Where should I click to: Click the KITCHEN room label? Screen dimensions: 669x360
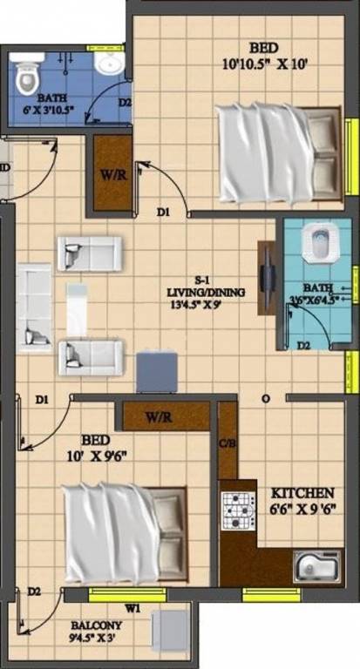(x=298, y=491)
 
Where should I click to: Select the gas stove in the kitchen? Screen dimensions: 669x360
(x=237, y=511)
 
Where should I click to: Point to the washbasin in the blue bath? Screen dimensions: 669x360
(x=110, y=64)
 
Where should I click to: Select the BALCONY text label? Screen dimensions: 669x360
(x=98, y=625)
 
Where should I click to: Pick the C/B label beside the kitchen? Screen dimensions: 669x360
(x=227, y=443)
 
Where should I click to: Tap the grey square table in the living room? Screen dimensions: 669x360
(x=158, y=370)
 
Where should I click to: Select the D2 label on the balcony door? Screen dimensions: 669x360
(x=33, y=591)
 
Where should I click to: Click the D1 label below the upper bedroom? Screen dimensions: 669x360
(x=164, y=211)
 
